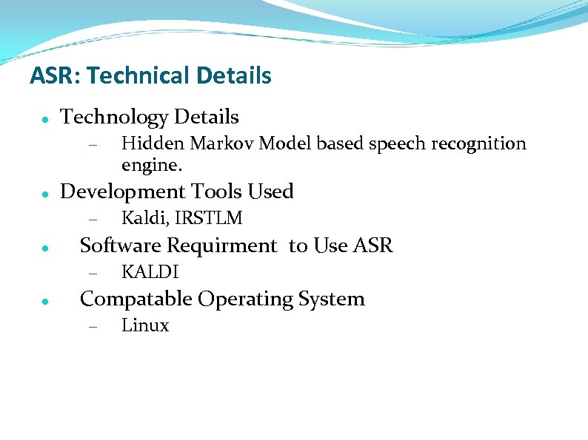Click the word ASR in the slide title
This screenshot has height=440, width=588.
[x=46, y=75]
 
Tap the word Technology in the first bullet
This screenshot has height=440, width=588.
[x=114, y=117]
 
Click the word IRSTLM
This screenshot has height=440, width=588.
[x=209, y=218]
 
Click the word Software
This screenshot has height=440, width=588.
[x=119, y=245]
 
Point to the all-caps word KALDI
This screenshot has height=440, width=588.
[x=150, y=272]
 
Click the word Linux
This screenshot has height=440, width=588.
[x=145, y=325]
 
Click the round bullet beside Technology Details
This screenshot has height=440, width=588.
[x=45, y=119]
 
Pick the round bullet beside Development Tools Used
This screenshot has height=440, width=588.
[x=45, y=194]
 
